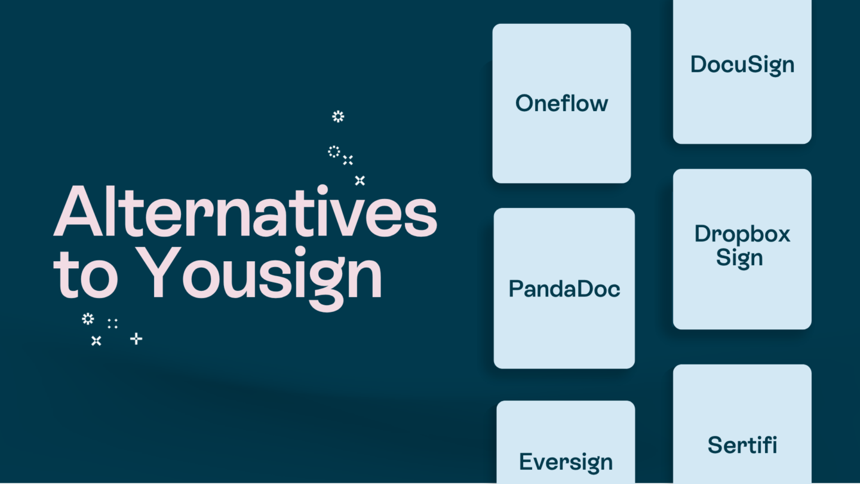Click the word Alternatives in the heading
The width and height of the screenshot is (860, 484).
coord(245,211)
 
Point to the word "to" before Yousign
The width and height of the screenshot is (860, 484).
coord(85,274)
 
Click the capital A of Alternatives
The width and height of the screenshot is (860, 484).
coord(78,211)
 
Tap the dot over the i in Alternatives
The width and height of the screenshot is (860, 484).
coord(322,190)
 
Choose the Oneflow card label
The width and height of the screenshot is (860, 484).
coord(561,103)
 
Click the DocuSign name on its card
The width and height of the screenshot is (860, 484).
coord(742,65)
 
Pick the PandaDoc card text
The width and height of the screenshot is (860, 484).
coord(564,289)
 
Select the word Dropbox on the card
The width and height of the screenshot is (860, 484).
coord(742,234)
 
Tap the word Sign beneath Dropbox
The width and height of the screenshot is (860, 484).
coord(739,258)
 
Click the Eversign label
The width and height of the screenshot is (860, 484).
coord(566,462)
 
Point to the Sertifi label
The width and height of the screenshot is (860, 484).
coord(742,445)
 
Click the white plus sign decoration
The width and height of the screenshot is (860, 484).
coord(136,339)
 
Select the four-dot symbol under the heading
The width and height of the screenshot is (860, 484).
coord(112,324)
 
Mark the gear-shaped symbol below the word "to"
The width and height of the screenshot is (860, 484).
coord(88,319)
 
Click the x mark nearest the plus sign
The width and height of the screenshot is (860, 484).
coord(96,341)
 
